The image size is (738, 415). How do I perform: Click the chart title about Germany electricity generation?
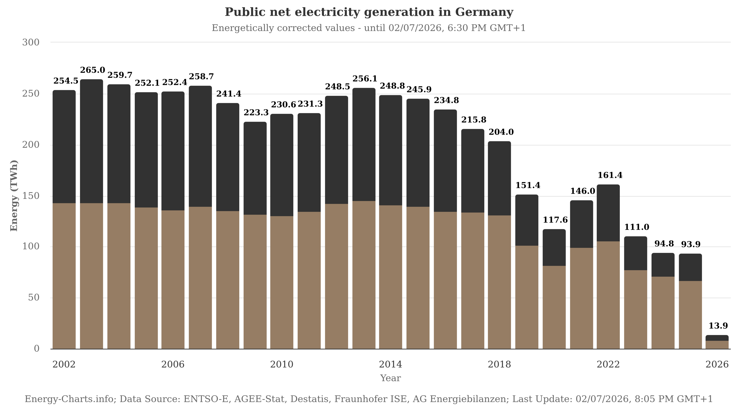[369, 12]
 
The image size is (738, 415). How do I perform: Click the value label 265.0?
[92, 70]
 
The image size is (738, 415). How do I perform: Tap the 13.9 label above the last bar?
[718, 326]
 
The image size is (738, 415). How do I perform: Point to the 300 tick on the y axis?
[31, 42]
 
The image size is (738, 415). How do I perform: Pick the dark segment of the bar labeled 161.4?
[608, 213]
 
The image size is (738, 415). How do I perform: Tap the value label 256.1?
[365, 79]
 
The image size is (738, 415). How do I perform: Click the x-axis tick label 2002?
[64, 365]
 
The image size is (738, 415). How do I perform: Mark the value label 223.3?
[256, 113]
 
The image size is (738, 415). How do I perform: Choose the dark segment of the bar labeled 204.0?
[499, 178]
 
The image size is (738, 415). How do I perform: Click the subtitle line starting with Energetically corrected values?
[369, 28]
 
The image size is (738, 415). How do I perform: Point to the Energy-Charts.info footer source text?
[369, 399]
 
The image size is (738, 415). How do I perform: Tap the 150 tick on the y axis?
[31, 196]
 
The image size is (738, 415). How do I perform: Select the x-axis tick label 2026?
[717, 365]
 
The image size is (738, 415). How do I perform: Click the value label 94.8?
[664, 244]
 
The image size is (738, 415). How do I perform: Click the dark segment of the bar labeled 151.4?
[527, 220]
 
